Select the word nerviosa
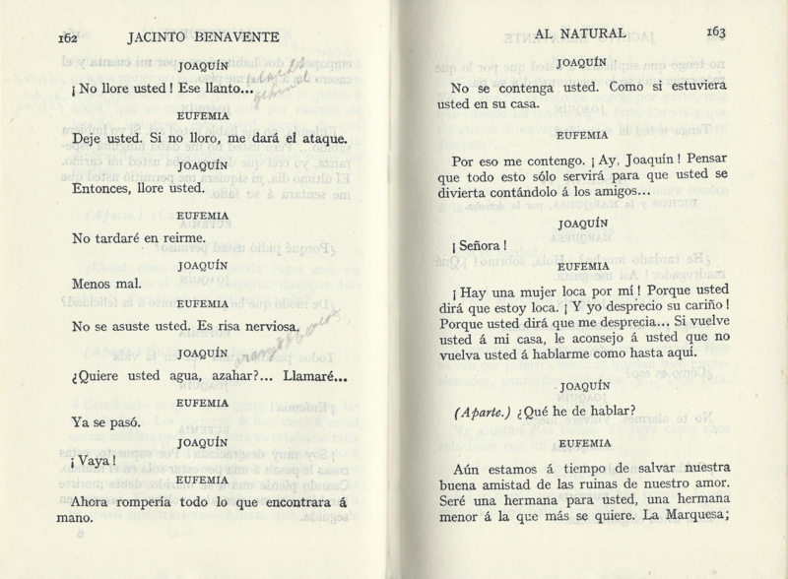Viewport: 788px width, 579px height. click(263, 326)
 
